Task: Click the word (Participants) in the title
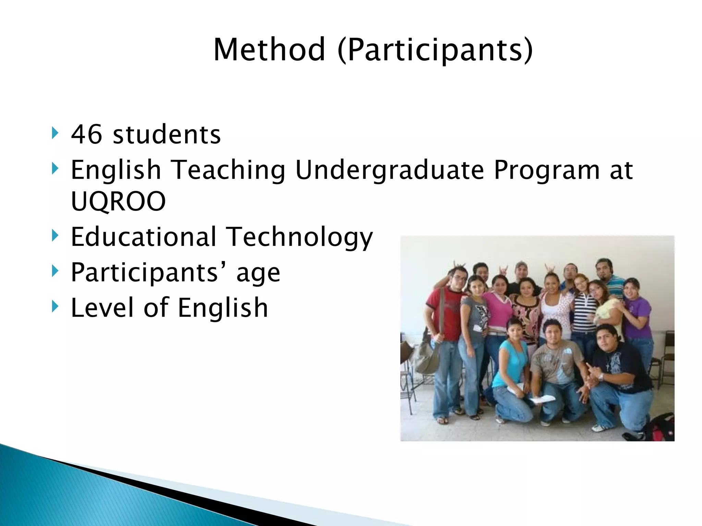435,50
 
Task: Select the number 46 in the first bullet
86,134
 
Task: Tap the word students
167,134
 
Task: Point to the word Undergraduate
389,170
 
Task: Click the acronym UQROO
118,201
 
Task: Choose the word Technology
300,237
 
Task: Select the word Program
547,170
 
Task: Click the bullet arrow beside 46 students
55,133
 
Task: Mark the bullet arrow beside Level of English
55,306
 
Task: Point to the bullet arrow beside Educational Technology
55,236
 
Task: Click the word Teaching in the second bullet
228,170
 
